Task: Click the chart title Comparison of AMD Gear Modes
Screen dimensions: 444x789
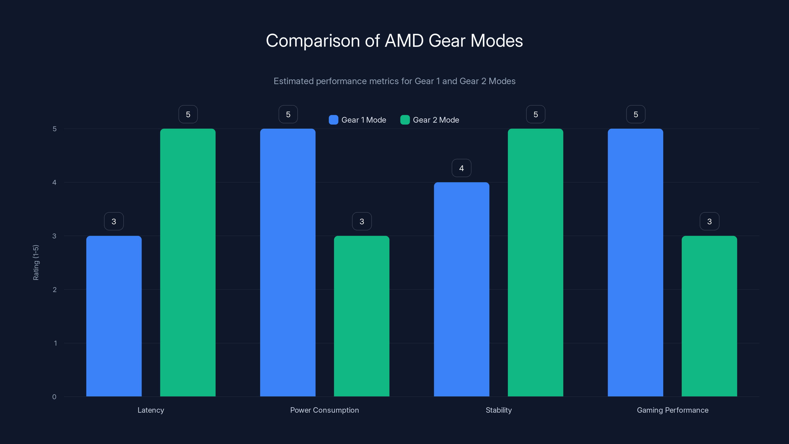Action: pos(394,41)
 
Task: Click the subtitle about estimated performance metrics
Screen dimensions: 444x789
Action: pos(394,81)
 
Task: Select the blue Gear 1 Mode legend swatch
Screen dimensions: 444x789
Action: pos(333,120)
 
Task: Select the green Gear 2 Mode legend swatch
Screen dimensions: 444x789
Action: pos(405,120)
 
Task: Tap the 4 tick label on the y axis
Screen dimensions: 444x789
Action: pos(54,183)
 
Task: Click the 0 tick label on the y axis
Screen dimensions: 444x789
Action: pos(54,397)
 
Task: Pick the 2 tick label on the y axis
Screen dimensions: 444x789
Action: pos(54,290)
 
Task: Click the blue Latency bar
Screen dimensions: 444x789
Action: pos(114,316)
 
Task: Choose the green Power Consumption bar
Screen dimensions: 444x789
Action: pos(361,316)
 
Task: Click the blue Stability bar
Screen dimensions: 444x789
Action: pos(462,289)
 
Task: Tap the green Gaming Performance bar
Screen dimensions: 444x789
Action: pos(709,316)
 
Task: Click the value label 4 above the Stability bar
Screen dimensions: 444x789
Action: pos(462,168)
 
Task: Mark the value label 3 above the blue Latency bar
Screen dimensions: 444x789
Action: pos(114,221)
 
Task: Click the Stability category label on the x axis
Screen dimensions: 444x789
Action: pos(499,410)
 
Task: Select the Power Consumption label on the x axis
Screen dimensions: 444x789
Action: pos(324,410)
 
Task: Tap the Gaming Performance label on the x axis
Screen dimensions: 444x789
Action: pos(673,410)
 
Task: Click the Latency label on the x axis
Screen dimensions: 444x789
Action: pos(151,410)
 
